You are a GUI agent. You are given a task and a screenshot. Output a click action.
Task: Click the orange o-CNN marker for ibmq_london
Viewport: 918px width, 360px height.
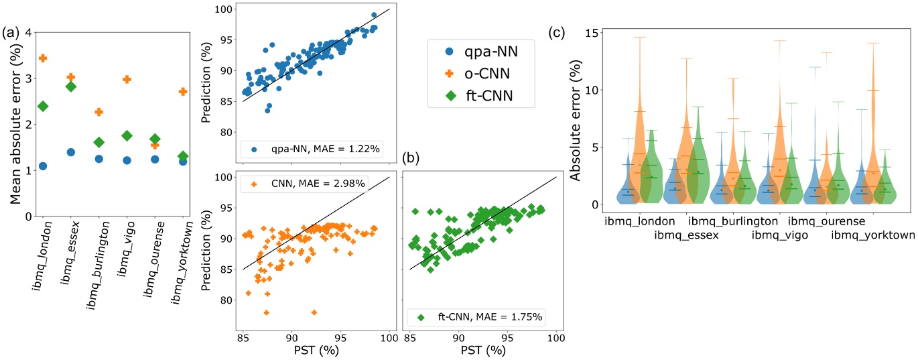click(x=43, y=58)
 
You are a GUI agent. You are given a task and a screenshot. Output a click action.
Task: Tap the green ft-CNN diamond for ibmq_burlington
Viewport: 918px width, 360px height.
click(x=99, y=142)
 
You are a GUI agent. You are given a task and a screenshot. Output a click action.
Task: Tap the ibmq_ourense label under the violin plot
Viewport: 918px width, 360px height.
click(x=826, y=221)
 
